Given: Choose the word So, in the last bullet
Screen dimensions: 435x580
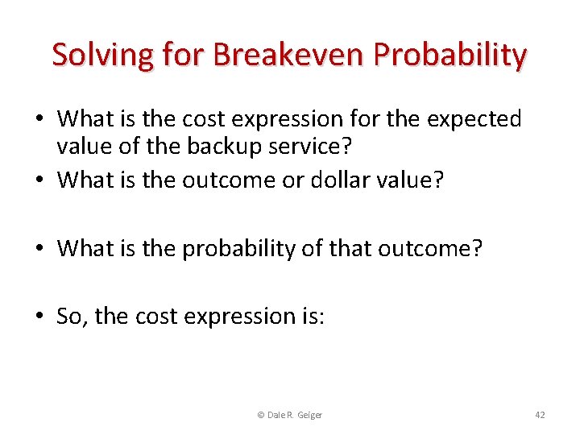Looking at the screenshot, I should coord(72,317).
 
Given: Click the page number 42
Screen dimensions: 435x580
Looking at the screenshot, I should coord(540,415).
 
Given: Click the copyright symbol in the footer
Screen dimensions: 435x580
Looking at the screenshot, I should coord(260,415).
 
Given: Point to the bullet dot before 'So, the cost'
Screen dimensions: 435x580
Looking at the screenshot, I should coord(39,317).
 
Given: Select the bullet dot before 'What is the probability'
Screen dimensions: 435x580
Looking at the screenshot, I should coord(39,250).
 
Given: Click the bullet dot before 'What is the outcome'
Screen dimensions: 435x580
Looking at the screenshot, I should coord(39,181).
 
